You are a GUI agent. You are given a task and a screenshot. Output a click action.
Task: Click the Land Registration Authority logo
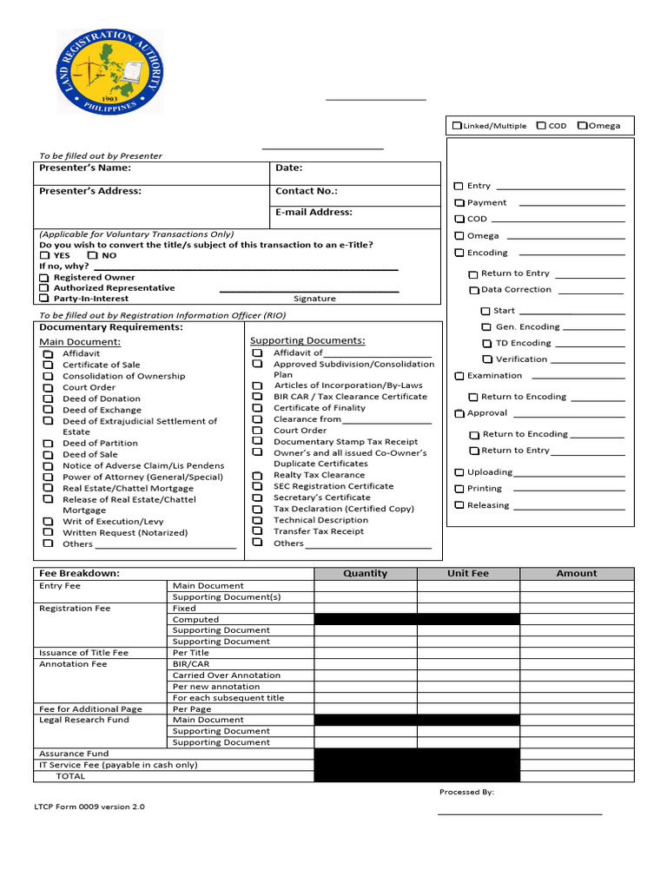tap(109, 71)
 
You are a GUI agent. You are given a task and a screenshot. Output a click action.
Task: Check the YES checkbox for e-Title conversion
tap(45, 256)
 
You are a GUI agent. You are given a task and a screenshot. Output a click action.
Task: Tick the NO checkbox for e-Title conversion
tap(92, 256)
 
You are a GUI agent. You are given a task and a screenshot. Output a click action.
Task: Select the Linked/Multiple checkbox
tap(457, 126)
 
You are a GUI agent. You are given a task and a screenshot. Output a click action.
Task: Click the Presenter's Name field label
tap(85, 168)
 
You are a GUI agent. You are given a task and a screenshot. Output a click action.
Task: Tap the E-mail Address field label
tap(314, 212)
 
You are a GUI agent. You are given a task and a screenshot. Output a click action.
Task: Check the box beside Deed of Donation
tap(48, 398)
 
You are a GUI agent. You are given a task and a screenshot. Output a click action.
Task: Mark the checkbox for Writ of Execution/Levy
tap(48, 522)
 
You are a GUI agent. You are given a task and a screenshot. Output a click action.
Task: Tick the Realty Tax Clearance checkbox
tap(257, 476)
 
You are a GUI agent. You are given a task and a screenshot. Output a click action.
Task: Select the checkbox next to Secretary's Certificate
tap(257, 498)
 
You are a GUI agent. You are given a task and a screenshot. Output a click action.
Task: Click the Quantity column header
tap(366, 574)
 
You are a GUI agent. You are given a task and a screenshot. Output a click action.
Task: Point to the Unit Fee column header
tap(468, 574)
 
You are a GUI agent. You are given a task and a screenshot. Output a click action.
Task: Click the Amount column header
tap(577, 574)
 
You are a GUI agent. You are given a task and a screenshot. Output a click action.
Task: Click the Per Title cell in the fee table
tap(191, 653)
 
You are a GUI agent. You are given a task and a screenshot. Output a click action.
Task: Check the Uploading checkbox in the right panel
tap(459, 472)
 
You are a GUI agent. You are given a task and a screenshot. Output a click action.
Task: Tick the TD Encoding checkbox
tap(487, 344)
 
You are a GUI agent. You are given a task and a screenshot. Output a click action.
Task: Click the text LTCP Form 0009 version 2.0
tap(89, 807)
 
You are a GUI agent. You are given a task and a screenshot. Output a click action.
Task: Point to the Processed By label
tap(466, 792)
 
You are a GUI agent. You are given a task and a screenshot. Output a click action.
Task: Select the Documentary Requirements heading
tap(111, 327)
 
